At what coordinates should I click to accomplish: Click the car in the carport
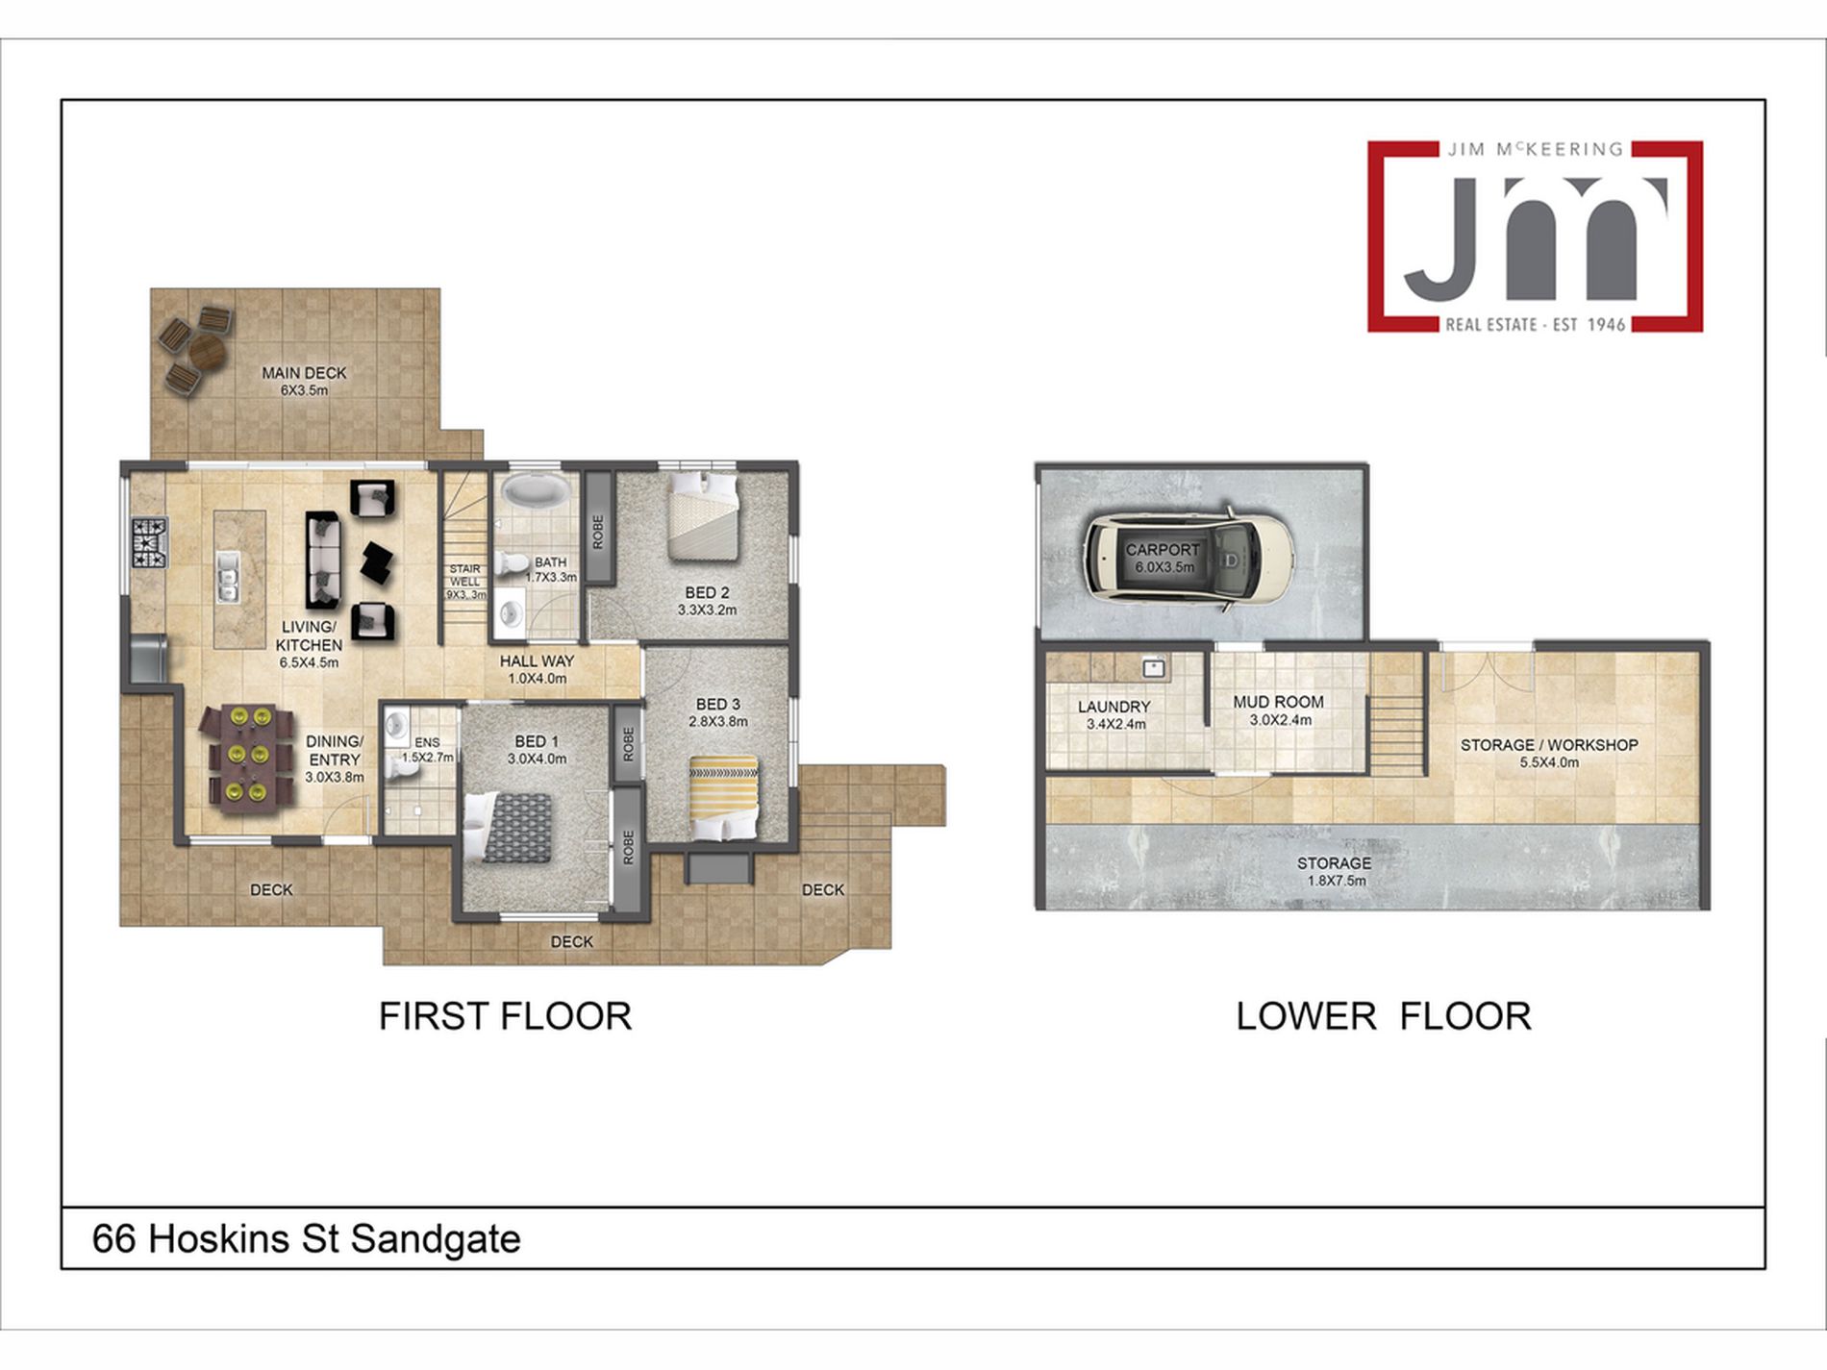(x=1189, y=559)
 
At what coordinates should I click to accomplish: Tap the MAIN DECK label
(x=304, y=373)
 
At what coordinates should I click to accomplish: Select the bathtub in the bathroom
(x=536, y=490)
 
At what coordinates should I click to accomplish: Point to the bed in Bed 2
(x=703, y=515)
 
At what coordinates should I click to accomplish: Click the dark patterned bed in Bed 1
(x=509, y=827)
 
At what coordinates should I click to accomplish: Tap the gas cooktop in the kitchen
(x=149, y=542)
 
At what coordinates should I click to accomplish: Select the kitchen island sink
(x=228, y=578)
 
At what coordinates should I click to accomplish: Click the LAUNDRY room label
(x=1114, y=707)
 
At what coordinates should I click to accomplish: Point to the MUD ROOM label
(x=1278, y=702)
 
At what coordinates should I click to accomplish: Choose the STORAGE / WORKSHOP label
(x=1549, y=745)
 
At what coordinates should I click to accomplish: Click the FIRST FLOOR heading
(x=505, y=1016)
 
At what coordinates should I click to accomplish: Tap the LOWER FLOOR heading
(x=1383, y=1016)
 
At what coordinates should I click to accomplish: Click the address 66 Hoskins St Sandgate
(x=306, y=1238)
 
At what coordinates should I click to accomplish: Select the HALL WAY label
(x=537, y=661)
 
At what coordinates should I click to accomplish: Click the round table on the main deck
(x=207, y=350)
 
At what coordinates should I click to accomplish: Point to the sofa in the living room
(x=323, y=560)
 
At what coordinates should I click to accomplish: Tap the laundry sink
(x=1154, y=667)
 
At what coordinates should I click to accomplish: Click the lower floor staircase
(x=1395, y=717)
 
